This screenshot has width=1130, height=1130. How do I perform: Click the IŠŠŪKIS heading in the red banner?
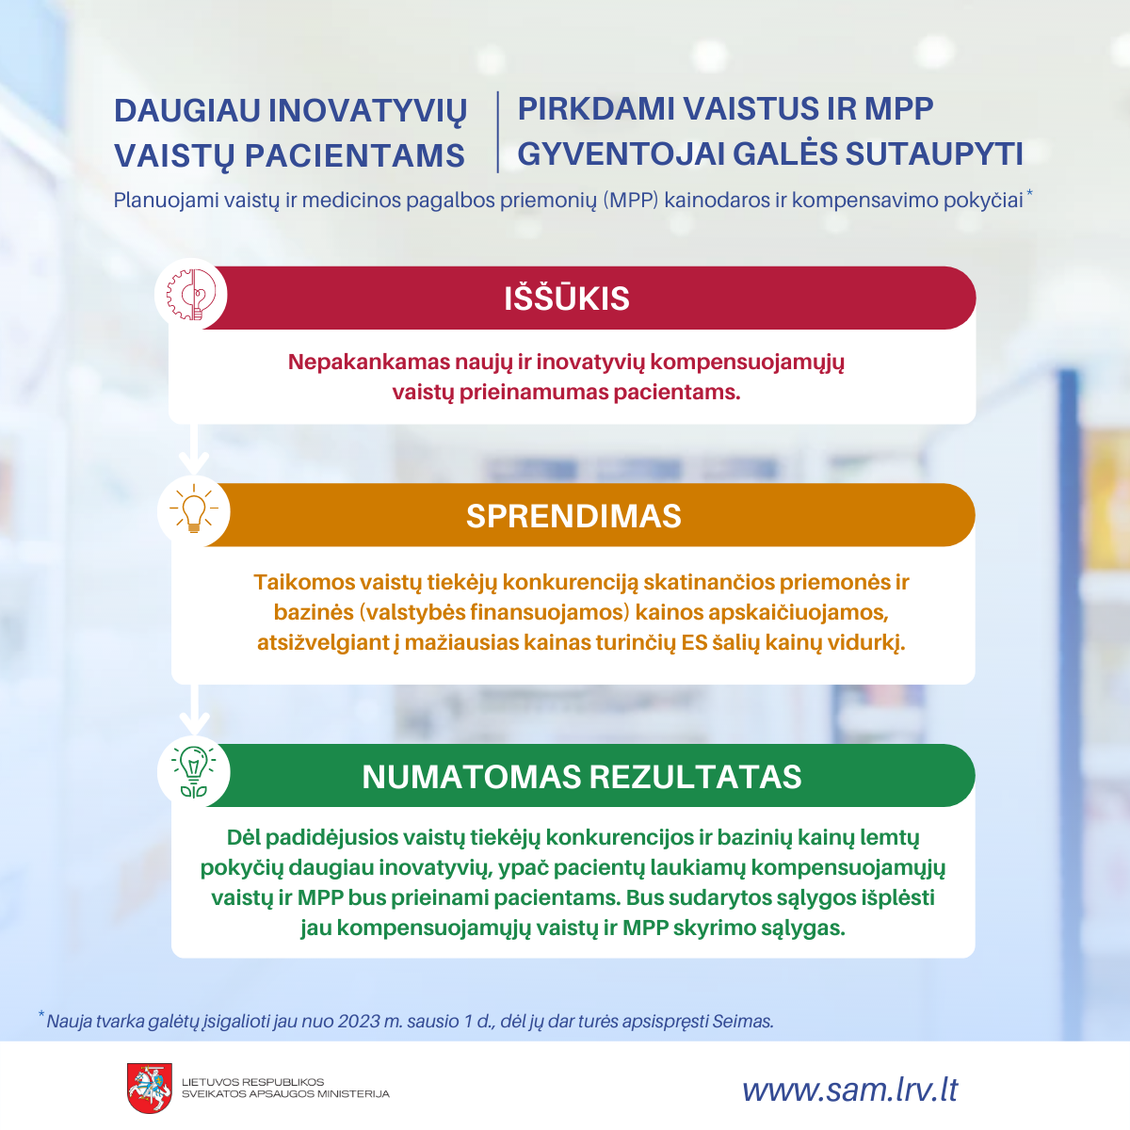pyautogui.click(x=567, y=298)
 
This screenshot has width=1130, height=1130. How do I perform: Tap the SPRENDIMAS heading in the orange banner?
pyautogui.click(x=573, y=516)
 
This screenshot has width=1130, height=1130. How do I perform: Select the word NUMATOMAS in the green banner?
pyautogui.click(x=472, y=776)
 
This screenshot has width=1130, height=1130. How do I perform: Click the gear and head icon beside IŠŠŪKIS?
pyautogui.click(x=191, y=295)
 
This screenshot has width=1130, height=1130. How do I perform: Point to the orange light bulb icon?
pyautogui.click(x=194, y=509)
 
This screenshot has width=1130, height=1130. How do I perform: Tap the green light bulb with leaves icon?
pyautogui.click(x=194, y=772)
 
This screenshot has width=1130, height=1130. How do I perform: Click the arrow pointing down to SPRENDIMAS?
pyautogui.click(x=194, y=449)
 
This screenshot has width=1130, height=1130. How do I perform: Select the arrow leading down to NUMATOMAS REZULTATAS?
pyautogui.click(x=194, y=710)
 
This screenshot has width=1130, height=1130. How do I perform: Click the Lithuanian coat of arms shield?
pyautogui.click(x=150, y=1088)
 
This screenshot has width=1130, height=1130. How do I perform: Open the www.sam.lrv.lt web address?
pyautogui.click(x=849, y=1090)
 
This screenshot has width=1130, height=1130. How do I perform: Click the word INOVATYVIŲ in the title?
pyautogui.click(x=367, y=111)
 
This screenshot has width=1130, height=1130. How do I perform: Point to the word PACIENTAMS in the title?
pyautogui.click(x=354, y=156)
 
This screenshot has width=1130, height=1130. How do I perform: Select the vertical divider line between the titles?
pyautogui.click(x=498, y=132)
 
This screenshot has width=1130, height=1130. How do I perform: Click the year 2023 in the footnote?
pyautogui.click(x=359, y=1021)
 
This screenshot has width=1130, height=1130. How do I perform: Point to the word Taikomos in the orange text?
pyautogui.click(x=304, y=582)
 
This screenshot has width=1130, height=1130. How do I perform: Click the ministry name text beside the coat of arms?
pyautogui.click(x=285, y=1088)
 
